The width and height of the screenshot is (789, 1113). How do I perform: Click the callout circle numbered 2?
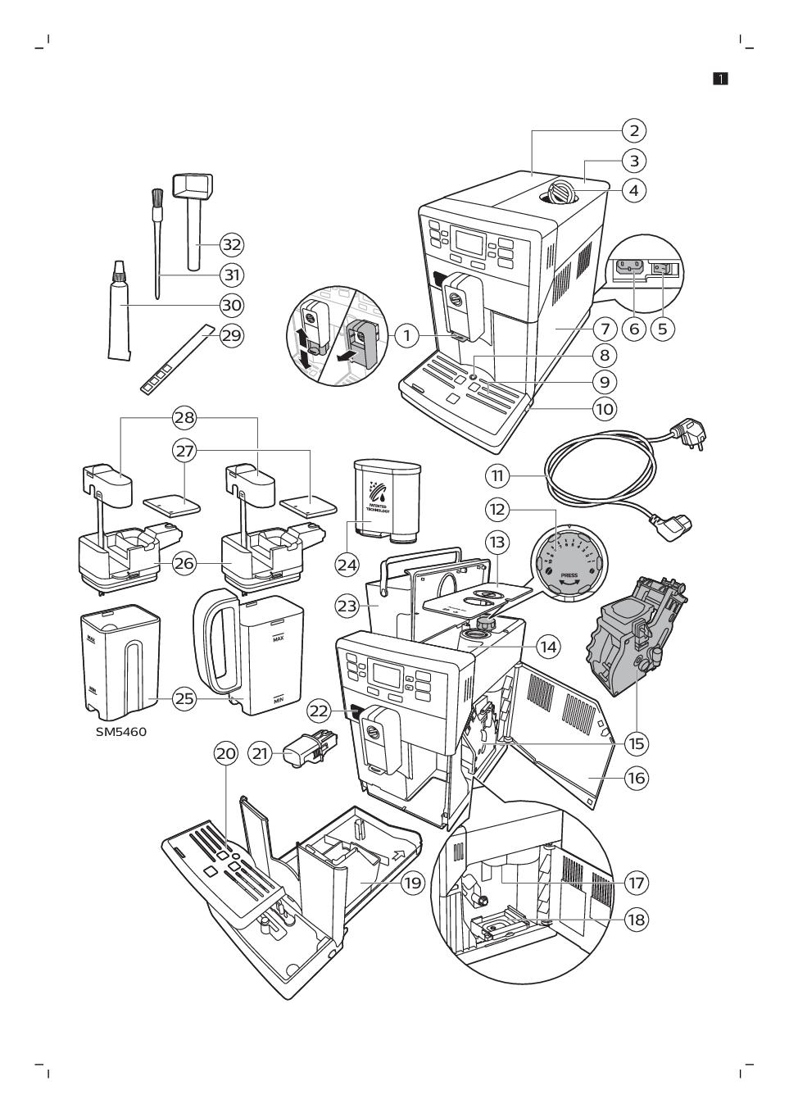coord(633,130)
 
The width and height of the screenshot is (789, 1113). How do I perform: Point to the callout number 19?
coord(412,883)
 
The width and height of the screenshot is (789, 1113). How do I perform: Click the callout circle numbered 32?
coord(232,244)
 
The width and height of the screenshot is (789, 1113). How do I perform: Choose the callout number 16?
coord(636,777)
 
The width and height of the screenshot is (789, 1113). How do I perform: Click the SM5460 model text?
coord(120,731)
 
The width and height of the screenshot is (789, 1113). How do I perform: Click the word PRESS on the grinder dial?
coord(569,575)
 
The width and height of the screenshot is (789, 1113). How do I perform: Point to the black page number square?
coord(720,79)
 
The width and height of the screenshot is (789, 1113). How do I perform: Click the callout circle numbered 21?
coord(261,753)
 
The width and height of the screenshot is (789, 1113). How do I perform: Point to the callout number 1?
coord(406,334)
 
